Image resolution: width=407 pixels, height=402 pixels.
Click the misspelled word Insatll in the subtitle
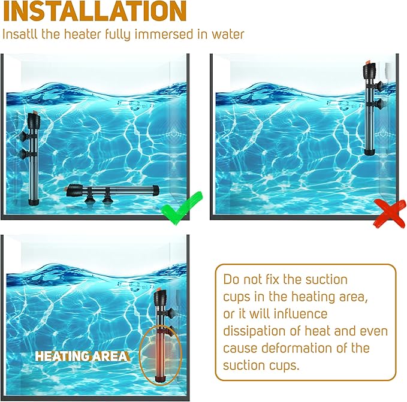(x=21, y=34)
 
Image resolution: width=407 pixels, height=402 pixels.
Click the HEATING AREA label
(x=81, y=356)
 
